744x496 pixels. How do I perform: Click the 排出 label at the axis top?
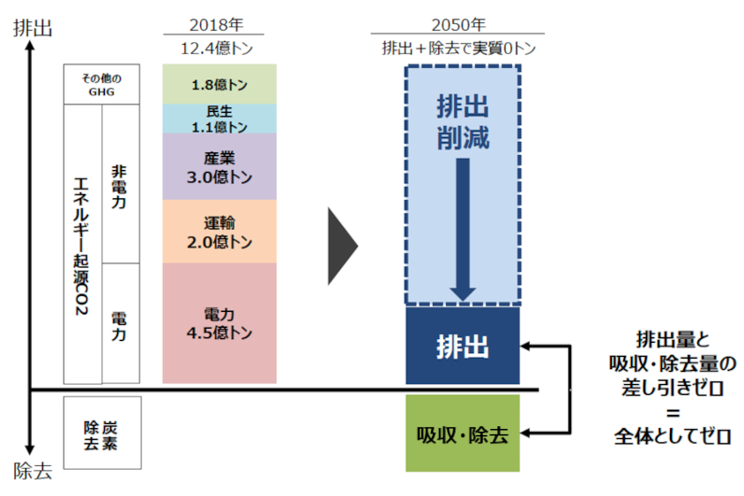pyautogui.click(x=33, y=28)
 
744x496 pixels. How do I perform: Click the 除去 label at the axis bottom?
pyautogui.click(x=33, y=470)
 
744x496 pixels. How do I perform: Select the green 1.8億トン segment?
pyautogui.click(x=219, y=85)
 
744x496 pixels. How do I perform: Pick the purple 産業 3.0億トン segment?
pyautogui.click(x=219, y=167)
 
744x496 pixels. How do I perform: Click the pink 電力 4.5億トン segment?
pyautogui.click(x=219, y=323)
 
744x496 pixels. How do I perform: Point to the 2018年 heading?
pyautogui.click(x=219, y=26)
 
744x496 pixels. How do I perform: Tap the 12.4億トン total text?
pyautogui.click(x=219, y=49)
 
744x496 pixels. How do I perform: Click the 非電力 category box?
pyautogui.click(x=120, y=183)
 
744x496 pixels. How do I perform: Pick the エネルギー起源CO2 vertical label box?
pyautogui.click(x=83, y=244)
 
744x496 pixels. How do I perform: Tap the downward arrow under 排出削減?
pyautogui.click(x=463, y=229)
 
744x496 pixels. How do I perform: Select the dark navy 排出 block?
pyautogui.click(x=463, y=345)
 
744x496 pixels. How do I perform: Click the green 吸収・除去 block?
pyautogui.click(x=463, y=434)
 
